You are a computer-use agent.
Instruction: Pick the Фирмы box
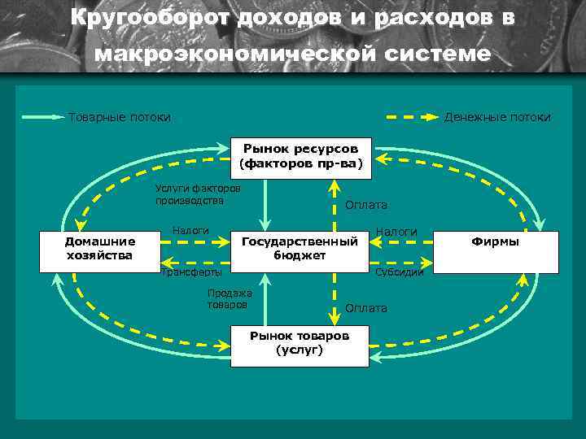pos(496,250)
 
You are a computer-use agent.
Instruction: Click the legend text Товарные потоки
pos(120,117)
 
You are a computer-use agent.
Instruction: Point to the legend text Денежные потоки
pos(497,117)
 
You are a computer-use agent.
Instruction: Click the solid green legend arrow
pos(43,117)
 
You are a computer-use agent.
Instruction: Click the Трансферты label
pos(190,273)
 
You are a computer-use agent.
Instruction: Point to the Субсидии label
pos(400,273)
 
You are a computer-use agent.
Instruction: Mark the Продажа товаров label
pos(230,299)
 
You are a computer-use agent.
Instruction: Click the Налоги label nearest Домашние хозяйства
pos(191,231)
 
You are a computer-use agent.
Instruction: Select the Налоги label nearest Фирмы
pos(396,232)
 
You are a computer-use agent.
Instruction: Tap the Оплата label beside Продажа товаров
pos(366,308)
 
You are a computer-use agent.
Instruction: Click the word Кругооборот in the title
pos(150,18)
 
